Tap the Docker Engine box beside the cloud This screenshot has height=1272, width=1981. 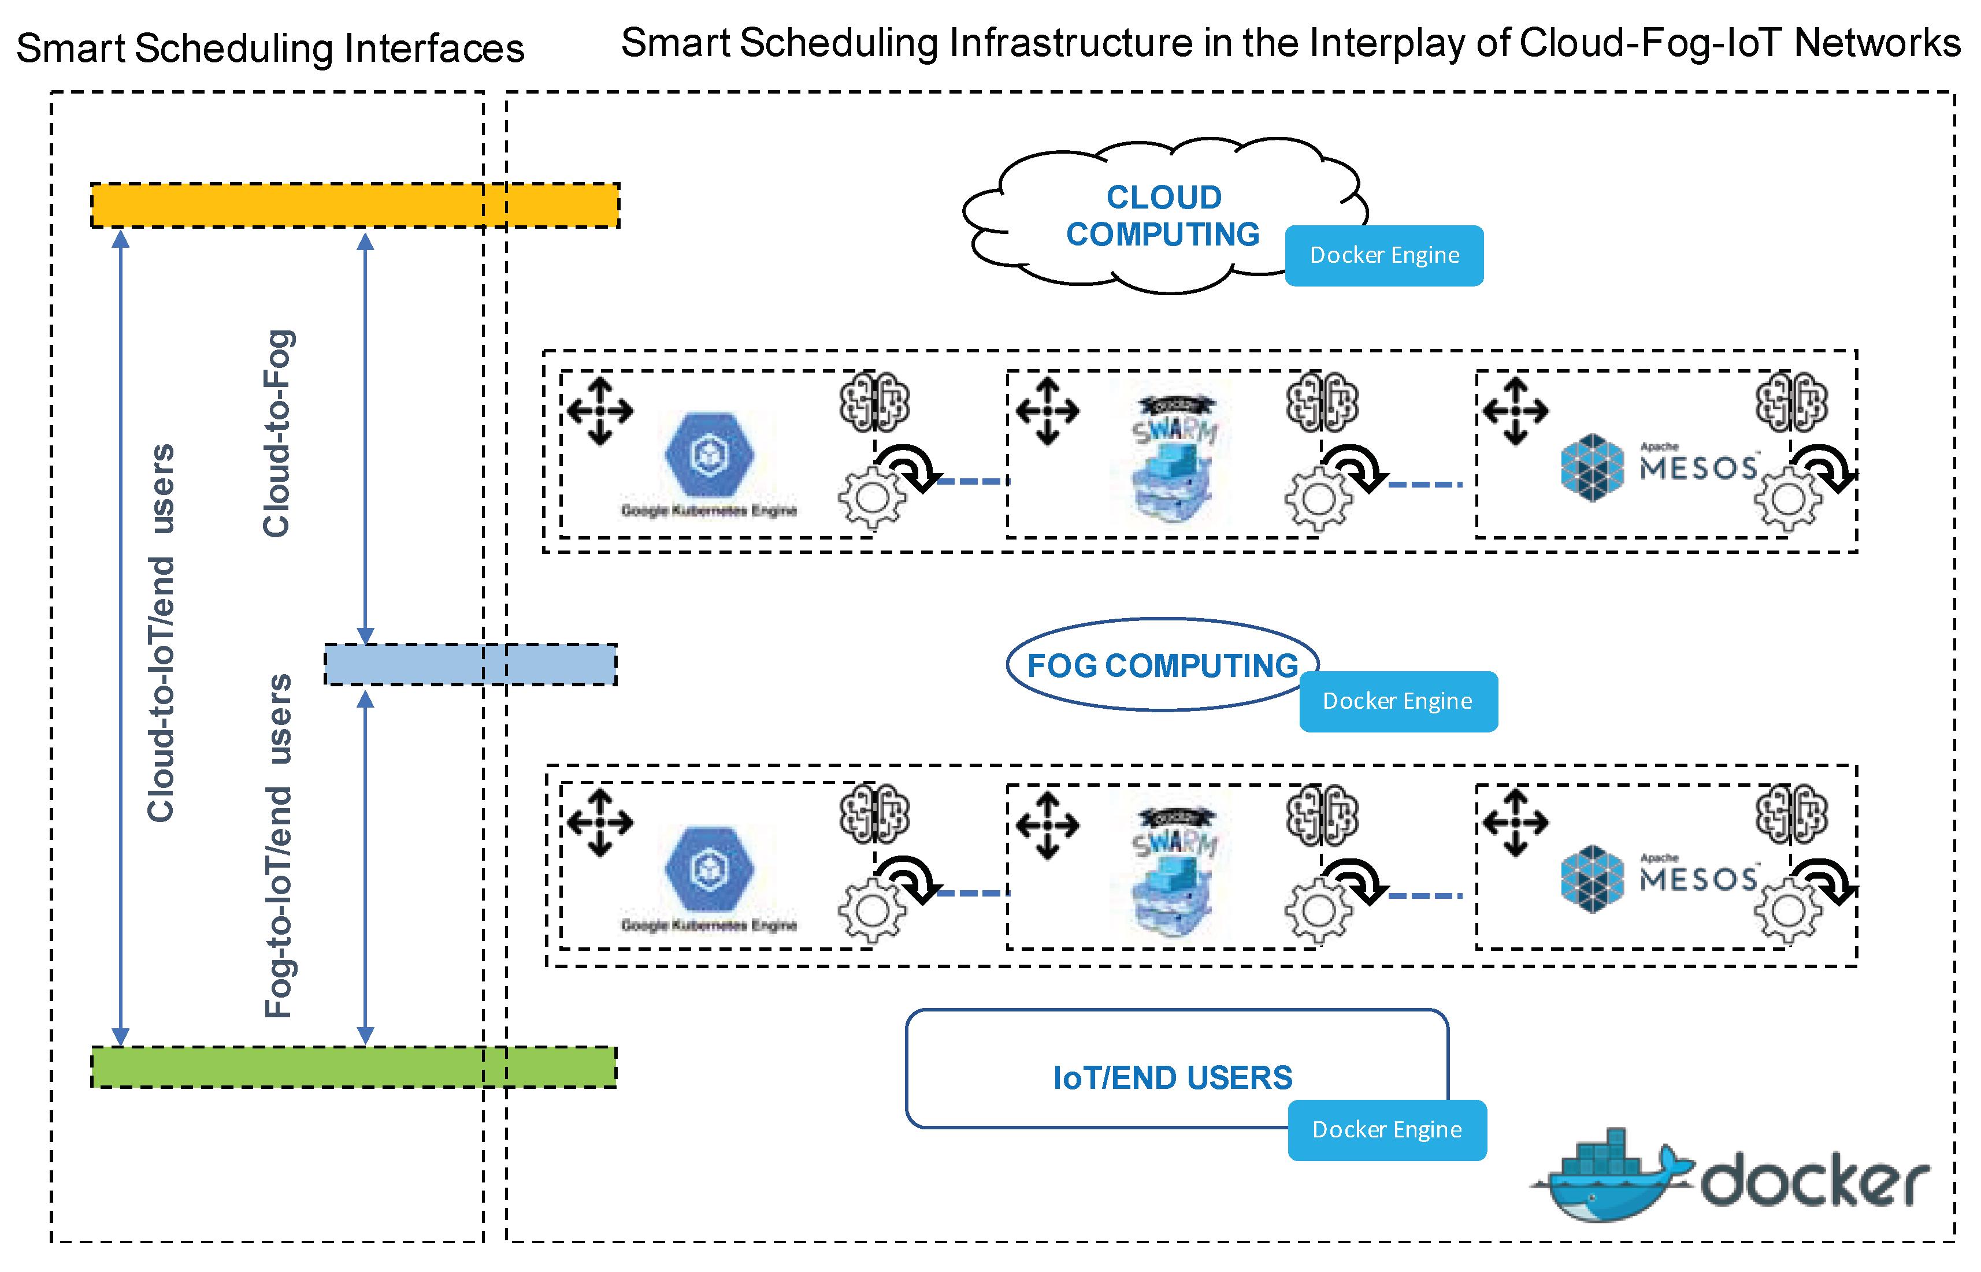point(1383,255)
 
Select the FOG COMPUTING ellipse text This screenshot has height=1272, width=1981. point(1162,665)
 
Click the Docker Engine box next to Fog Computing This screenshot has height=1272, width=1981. point(1398,701)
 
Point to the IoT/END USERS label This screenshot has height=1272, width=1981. point(1172,1078)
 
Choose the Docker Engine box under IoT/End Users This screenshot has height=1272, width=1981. point(1387,1130)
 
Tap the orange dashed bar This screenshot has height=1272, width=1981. point(355,205)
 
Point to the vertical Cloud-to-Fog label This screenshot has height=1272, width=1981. point(277,434)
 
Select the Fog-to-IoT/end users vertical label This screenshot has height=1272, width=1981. point(279,847)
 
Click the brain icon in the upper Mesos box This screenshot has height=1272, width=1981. point(1791,402)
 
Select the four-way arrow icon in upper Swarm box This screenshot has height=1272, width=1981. point(1048,411)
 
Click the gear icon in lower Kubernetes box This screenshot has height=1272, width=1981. point(871,910)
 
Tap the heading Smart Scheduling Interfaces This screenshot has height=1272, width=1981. point(270,48)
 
